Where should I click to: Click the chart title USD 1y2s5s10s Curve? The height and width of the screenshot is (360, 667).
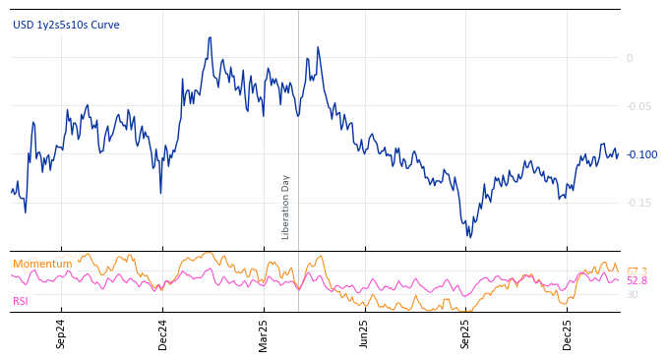66,25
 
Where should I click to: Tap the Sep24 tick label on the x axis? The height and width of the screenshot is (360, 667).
61,334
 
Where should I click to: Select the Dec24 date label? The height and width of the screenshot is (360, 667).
162,334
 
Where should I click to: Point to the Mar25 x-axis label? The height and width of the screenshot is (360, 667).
263,334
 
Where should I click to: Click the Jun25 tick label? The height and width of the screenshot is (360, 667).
364,334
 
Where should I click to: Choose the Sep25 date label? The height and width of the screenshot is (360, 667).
465,334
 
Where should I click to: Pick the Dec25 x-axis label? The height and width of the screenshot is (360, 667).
567,334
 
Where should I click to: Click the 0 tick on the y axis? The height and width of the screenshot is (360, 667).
630,58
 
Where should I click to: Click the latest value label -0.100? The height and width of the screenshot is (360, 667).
642,154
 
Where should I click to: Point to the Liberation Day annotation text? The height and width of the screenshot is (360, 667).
286,207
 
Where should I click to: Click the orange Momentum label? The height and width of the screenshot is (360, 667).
42,264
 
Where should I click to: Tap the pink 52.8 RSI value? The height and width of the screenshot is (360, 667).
637,281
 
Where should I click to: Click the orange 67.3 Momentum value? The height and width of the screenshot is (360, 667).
637,270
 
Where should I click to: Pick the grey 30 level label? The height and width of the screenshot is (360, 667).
633,294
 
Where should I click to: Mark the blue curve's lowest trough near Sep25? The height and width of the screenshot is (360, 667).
469,237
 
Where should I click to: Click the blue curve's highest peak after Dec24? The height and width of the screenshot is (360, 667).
211,37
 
